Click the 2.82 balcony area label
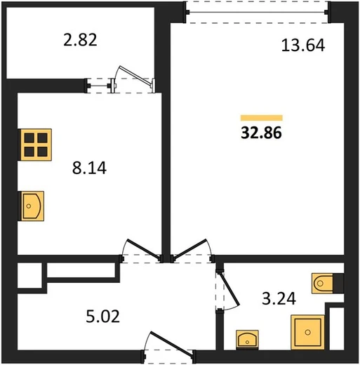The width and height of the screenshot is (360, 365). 80,40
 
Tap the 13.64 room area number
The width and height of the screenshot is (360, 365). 303,45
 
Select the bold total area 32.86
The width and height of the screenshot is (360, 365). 262,133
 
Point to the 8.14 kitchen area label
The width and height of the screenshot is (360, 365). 89,168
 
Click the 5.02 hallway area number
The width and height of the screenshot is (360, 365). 103,317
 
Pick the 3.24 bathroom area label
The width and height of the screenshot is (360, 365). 279,298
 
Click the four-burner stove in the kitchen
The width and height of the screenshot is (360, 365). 36,145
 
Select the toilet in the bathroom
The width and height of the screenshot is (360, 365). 322,283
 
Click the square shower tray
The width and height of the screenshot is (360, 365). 307,332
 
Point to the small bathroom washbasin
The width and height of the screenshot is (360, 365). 247,340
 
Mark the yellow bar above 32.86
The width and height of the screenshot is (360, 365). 262,118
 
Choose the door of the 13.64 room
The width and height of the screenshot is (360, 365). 190,248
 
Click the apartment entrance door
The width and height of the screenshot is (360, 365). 171,341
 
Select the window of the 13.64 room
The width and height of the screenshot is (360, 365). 258,12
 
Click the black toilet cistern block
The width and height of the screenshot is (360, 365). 338,284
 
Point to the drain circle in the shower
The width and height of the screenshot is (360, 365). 308,332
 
